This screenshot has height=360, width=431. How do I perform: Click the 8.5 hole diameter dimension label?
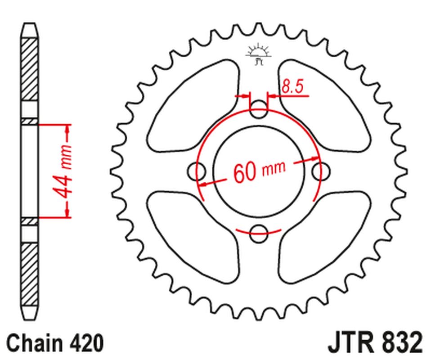(x=291, y=87)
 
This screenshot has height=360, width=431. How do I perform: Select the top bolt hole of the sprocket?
(x=259, y=110)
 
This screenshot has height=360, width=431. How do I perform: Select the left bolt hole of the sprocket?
(x=196, y=171)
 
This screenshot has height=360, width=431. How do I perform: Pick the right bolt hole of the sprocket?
(x=321, y=171)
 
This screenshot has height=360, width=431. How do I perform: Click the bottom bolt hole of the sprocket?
(x=259, y=231)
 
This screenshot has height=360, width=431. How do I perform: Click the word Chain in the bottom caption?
(x=34, y=343)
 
